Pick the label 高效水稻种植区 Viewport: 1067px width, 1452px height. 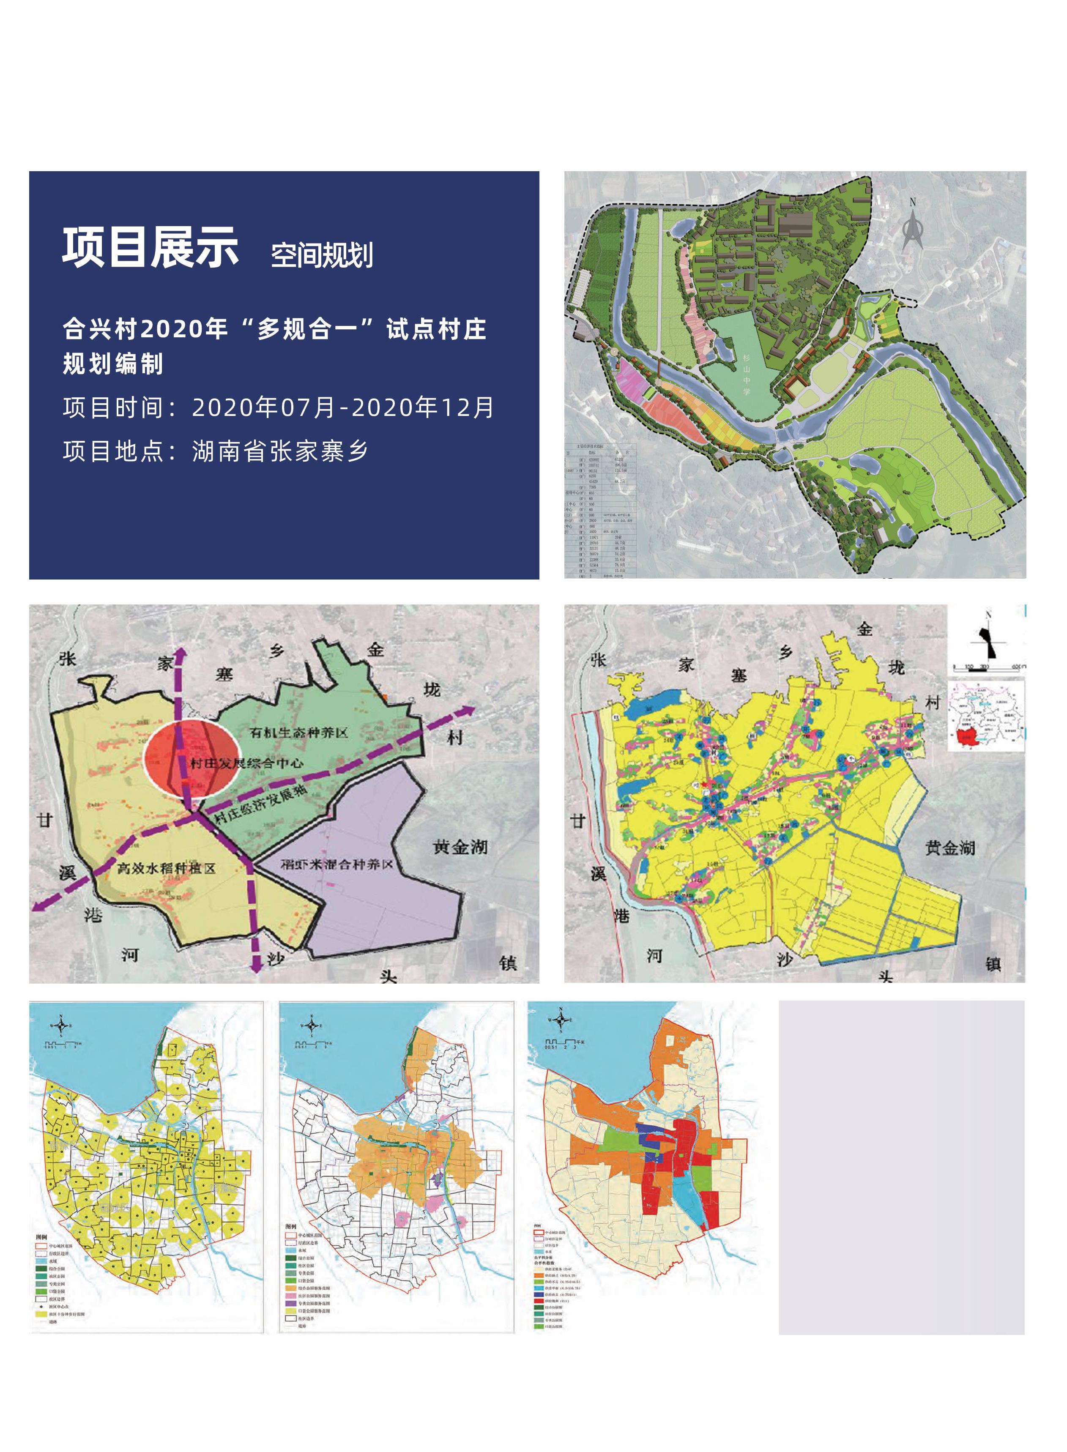point(166,869)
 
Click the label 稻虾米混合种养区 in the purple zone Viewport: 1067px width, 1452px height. point(337,864)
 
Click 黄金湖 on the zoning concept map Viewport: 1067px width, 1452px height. point(460,847)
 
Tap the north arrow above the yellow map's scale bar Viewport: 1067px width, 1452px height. point(989,636)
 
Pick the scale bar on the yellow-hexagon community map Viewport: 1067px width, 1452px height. point(61,1045)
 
